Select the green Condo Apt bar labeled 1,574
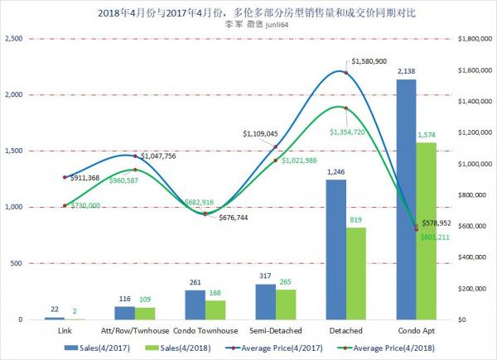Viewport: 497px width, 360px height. [427, 231]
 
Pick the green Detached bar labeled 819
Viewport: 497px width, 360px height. [357, 273]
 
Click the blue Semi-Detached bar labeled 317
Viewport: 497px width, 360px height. [266, 301]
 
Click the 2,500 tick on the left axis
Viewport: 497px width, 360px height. [14, 38]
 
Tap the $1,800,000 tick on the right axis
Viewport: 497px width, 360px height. [472, 38]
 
